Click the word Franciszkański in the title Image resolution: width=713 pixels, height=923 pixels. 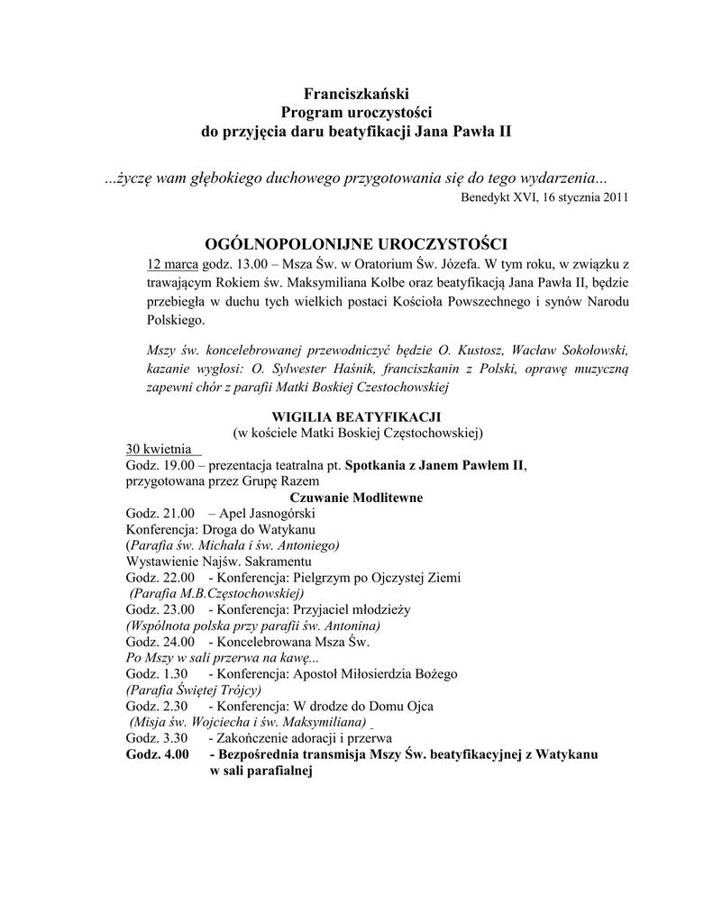tap(356, 92)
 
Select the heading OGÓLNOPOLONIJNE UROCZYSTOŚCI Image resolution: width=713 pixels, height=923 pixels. tap(358, 243)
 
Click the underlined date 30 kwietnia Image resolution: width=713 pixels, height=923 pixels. tap(160, 449)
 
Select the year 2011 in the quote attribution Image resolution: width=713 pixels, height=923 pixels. tap(614, 196)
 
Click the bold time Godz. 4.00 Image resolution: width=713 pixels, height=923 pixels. tap(158, 754)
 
